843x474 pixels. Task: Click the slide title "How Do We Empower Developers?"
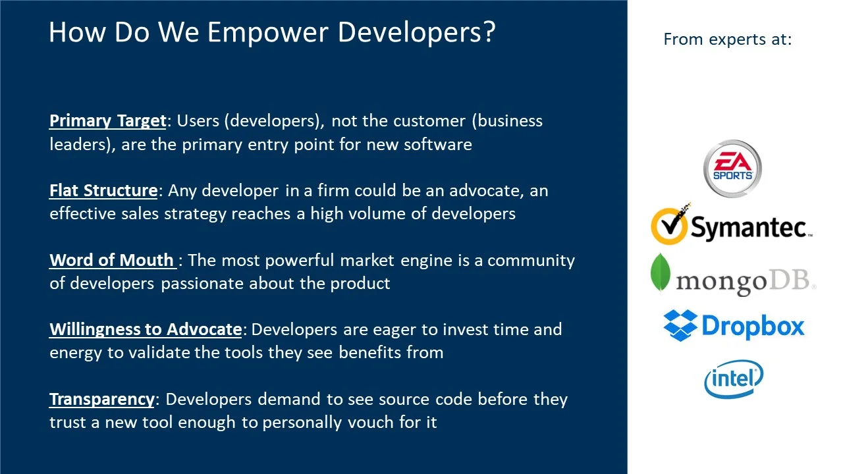[x=271, y=32]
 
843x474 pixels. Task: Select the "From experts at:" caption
[x=727, y=39]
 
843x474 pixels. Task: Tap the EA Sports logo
[x=732, y=168]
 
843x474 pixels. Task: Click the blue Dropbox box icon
[x=680, y=325]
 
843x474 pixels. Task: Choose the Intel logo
[x=733, y=379]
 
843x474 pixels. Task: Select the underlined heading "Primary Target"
[x=108, y=121]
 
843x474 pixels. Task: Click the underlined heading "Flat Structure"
[x=103, y=191]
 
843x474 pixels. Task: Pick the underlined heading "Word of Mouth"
[x=112, y=261]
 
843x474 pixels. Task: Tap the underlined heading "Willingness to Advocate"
[x=146, y=330]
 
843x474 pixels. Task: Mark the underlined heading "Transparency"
[x=102, y=400]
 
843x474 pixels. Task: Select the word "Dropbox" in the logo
[x=753, y=326]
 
